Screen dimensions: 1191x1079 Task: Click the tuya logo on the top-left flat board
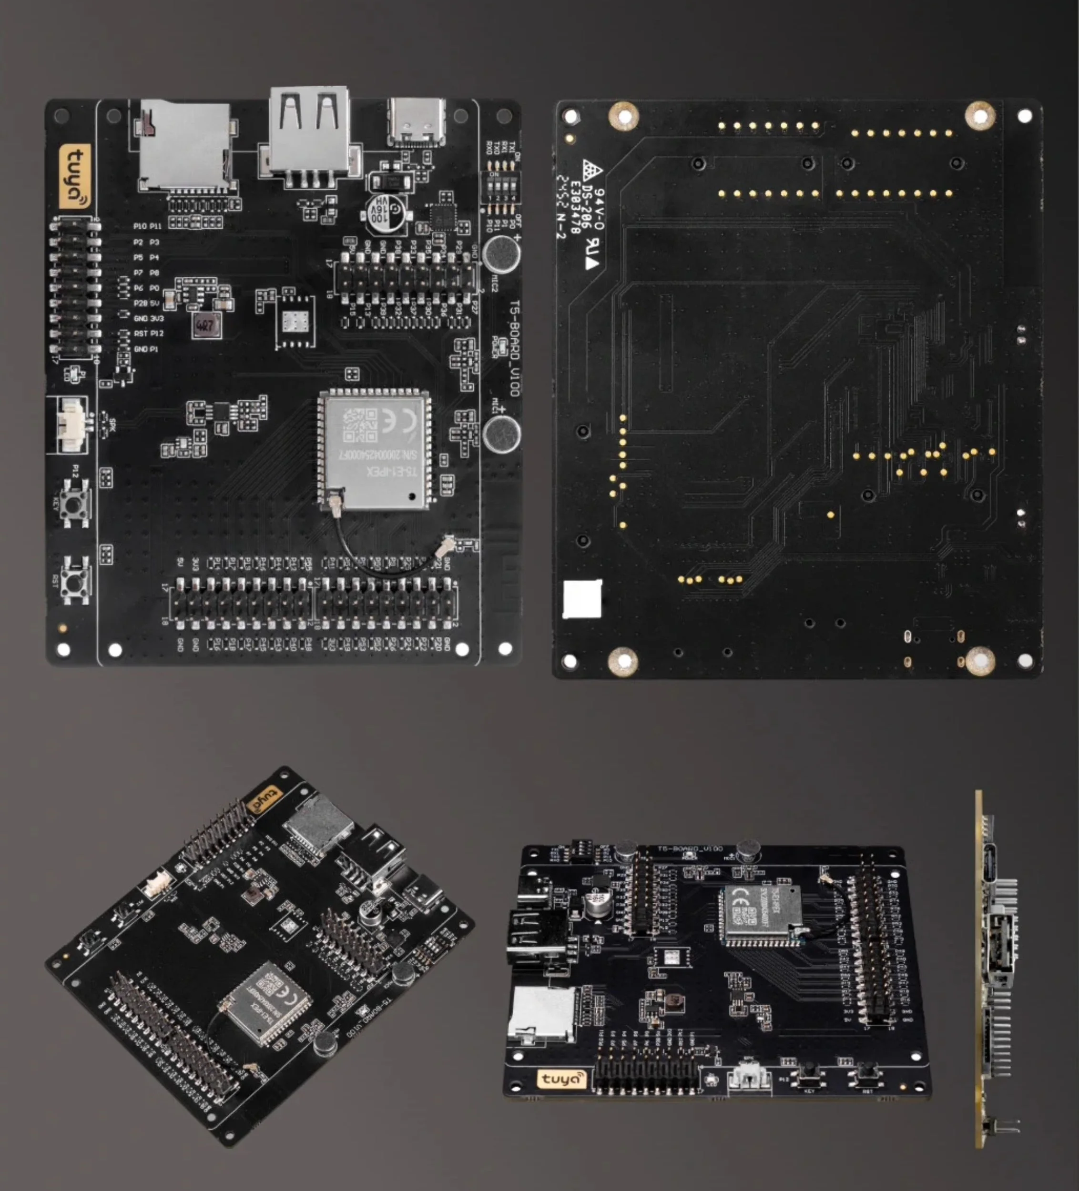[x=75, y=176]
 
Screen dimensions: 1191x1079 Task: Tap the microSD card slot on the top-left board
[x=185, y=146]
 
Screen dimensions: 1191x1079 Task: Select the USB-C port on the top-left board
[x=417, y=122]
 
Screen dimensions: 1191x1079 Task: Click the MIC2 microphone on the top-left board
[x=501, y=253]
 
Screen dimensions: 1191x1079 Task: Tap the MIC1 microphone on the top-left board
[x=501, y=433]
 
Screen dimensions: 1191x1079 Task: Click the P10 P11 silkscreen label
[x=147, y=226]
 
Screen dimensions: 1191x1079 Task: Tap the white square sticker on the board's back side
[x=582, y=599]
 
